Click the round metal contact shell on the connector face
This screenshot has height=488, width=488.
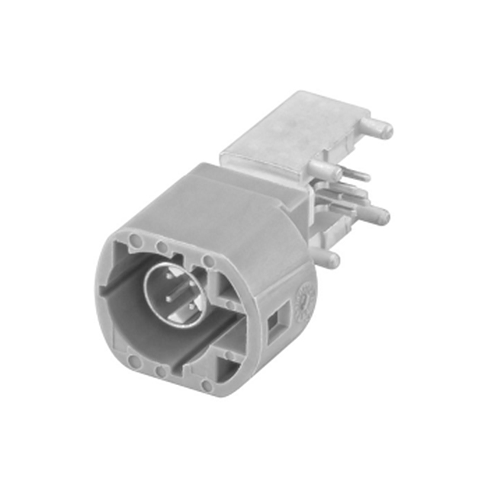[x=174, y=293]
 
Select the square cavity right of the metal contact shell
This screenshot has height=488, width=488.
[x=229, y=287]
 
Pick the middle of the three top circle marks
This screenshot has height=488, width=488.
[x=162, y=247]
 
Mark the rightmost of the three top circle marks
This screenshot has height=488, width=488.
[x=206, y=262]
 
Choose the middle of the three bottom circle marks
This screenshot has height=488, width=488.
[x=159, y=372]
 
